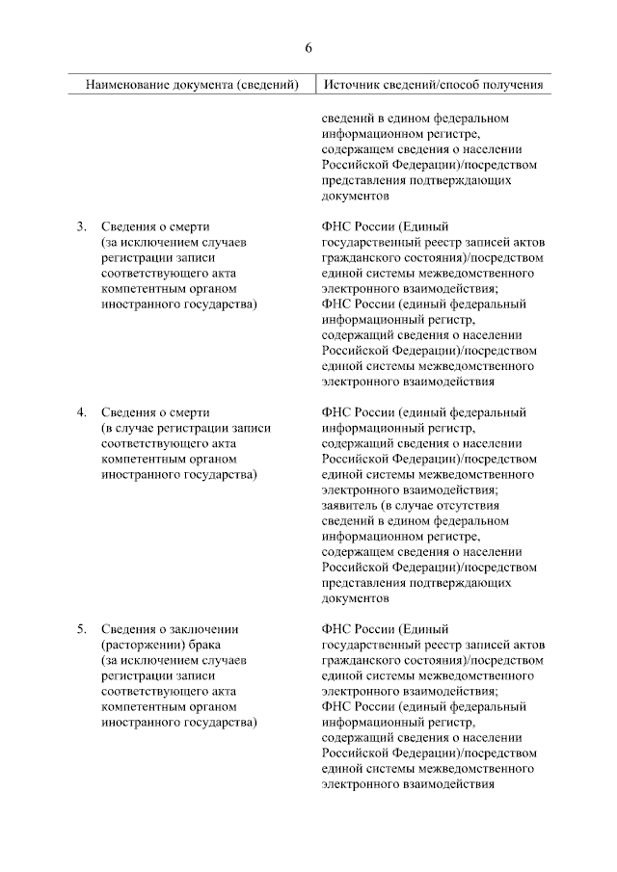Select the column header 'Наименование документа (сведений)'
pyautogui.click(x=193, y=85)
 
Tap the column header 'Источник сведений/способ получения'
pyautogui.click(x=433, y=85)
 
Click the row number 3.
pyautogui.click(x=82, y=226)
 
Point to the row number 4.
pyautogui.click(x=82, y=412)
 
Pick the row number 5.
pyautogui.click(x=82, y=629)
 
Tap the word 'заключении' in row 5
pyautogui.click(x=204, y=629)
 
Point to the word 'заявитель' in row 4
pyautogui.click(x=350, y=505)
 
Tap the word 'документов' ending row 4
pyautogui.click(x=354, y=597)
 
